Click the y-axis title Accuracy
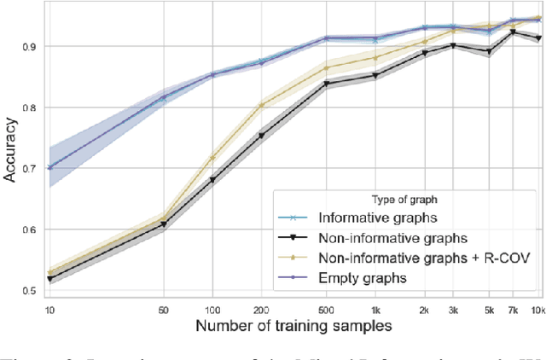click(x=12, y=151)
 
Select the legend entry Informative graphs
click(x=385, y=218)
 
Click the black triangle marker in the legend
click(x=293, y=238)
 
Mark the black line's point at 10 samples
click(x=50, y=279)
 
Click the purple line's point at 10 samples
click(x=50, y=168)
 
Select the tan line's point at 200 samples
click(x=261, y=106)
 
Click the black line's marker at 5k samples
click(x=489, y=52)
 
